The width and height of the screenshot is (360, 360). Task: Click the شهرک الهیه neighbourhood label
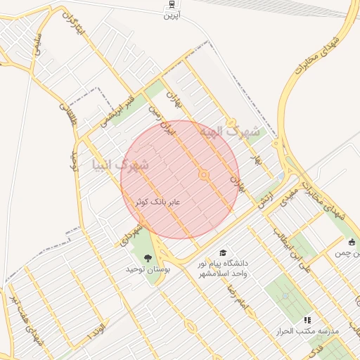pyautogui.click(x=229, y=131)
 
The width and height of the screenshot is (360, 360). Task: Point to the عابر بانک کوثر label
pyautogui.click(x=158, y=202)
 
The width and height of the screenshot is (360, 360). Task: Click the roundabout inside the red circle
pyautogui.click(x=205, y=174)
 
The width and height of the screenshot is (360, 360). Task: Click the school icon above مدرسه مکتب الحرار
pyautogui.click(x=307, y=320)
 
